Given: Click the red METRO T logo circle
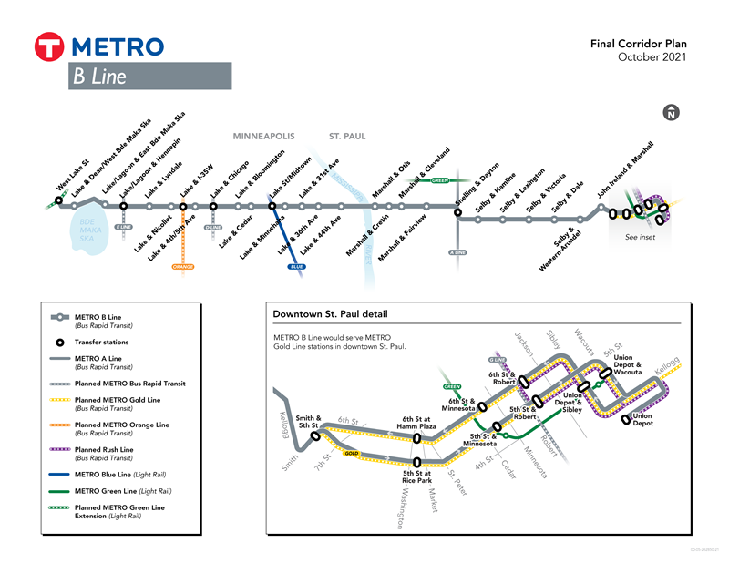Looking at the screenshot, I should click(47, 47).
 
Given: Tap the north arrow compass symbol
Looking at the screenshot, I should click(672, 113).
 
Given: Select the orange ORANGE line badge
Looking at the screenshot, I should click(183, 266).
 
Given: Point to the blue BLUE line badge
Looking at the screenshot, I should click(297, 266).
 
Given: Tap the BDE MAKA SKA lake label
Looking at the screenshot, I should click(87, 225).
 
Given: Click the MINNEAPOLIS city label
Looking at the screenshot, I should click(264, 137).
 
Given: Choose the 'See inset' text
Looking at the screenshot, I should click(640, 237).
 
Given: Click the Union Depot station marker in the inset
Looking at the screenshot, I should click(626, 418).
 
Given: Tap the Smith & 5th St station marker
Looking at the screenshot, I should click(316, 436).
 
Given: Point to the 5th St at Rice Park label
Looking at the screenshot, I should click(416, 477).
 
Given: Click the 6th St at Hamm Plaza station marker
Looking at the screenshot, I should click(416, 438).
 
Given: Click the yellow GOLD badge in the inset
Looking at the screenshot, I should click(351, 453).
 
